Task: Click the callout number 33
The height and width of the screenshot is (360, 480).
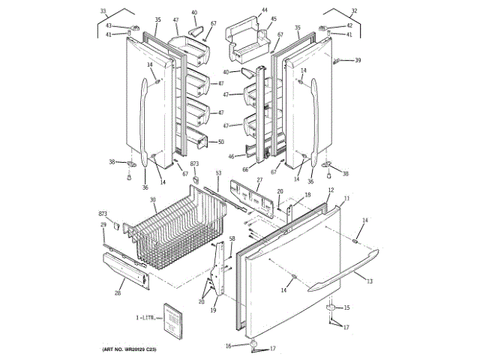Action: [x=103, y=11]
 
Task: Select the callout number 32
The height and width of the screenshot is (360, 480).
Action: [x=354, y=11]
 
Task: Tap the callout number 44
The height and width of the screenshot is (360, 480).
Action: [x=264, y=11]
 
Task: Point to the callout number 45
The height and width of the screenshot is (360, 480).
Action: [x=274, y=19]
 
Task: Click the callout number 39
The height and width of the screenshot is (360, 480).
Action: [x=358, y=60]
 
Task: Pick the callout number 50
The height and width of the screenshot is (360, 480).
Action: [x=220, y=142]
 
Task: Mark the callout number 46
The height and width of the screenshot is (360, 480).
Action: [x=231, y=157]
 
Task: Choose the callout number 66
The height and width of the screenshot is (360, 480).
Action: [x=244, y=170]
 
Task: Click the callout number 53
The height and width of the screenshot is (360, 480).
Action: [x=218, y=173]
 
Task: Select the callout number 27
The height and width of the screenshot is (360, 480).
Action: [x=259, y=180]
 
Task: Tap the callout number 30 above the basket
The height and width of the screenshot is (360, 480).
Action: [x=152, y=199]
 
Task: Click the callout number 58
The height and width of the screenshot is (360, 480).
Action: [x=232, y=238]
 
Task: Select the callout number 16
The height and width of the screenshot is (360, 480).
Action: [x=228, y=346]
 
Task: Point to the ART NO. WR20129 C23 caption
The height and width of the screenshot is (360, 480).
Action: [x=134, y=349]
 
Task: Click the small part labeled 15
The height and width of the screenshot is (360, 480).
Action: [x=330, y=308]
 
